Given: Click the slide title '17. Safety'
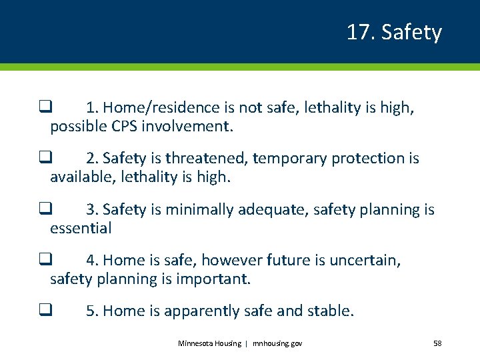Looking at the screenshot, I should (x=393, y=32).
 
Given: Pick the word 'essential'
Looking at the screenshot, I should (x=81, y=228).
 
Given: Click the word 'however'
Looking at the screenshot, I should (x=231, y=260).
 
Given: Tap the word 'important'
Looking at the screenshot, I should (x=213, y=279).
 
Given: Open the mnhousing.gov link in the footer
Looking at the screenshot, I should (x=277, y=343).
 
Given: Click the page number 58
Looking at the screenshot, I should (x=437, y=343).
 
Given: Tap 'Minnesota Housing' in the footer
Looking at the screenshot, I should (x=209, y=343).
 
